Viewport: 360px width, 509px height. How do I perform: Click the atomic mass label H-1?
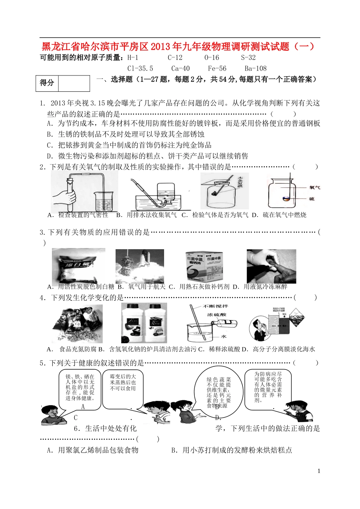[x=133, y=58]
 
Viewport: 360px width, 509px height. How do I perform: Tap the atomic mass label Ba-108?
[x=255, y=69]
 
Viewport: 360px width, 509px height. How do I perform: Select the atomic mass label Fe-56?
[x=217, y=69]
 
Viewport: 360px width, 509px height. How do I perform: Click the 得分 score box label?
[x=47, y=83]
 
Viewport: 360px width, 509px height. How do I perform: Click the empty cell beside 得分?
[x=74, y=83]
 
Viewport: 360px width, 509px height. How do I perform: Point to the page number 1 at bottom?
[x=319, y=471]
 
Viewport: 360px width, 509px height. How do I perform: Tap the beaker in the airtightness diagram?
[x=104, y=200]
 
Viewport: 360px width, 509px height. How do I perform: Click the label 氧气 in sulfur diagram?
[x=314, y=187]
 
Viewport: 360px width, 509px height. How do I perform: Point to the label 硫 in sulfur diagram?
[x=311, y=199]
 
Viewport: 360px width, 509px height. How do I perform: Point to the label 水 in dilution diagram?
[x=224, y=336]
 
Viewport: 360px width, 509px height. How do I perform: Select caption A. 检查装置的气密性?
[x=78, y=215]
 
